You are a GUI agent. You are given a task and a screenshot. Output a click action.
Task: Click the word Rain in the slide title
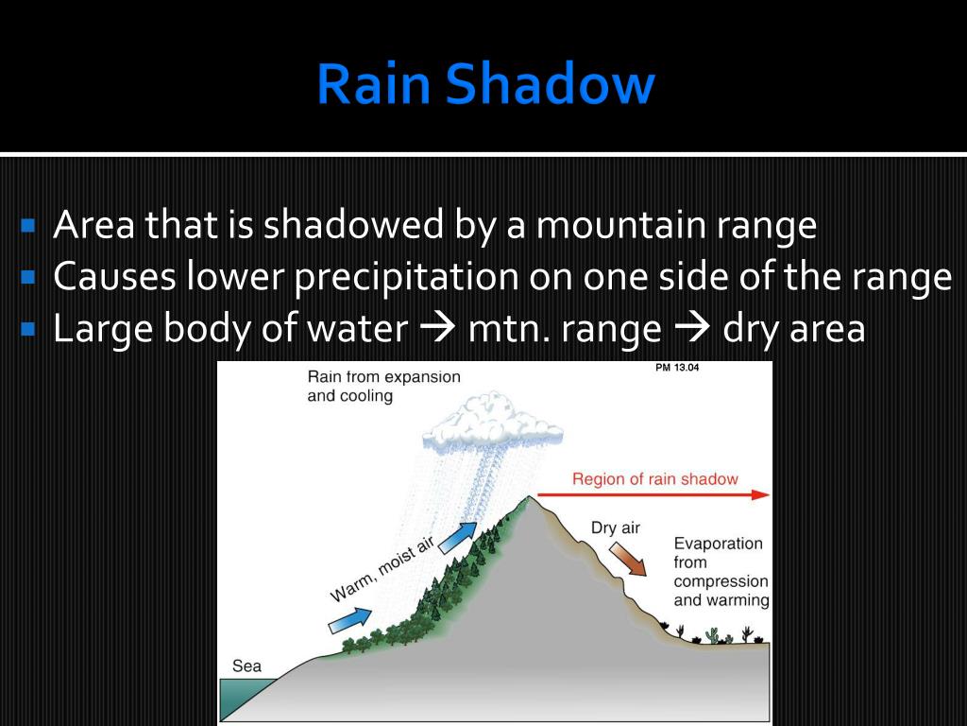pyautogui.click(x=373, y=84)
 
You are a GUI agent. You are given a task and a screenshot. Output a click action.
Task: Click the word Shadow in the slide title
pyautogui.click(x=550, y=84)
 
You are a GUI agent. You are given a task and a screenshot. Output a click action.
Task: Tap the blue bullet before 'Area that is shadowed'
pyautogui.click(x=27, y=226)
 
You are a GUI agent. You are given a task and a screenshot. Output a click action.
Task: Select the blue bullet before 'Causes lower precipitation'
pyautogui.click(x=27, y=278)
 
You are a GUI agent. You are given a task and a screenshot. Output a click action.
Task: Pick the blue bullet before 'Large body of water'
pyautogui.click(x=27, y=330)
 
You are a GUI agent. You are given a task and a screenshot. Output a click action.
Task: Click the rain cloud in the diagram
pyautogui.click(x=494, y=421)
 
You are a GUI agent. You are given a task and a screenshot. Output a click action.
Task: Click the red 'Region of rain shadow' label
pyautogui.click(x=654, y=479)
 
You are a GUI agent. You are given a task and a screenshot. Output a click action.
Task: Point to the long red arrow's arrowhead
pyautogui.click(x=761, y=494)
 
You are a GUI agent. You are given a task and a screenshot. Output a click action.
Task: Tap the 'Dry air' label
pyautogui.click(x=616, y=527)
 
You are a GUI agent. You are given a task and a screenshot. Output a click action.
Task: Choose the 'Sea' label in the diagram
pyautogui.click(x=246, y=666)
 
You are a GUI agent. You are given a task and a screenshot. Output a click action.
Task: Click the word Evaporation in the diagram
pyautogui.click(x=718, y=544)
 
